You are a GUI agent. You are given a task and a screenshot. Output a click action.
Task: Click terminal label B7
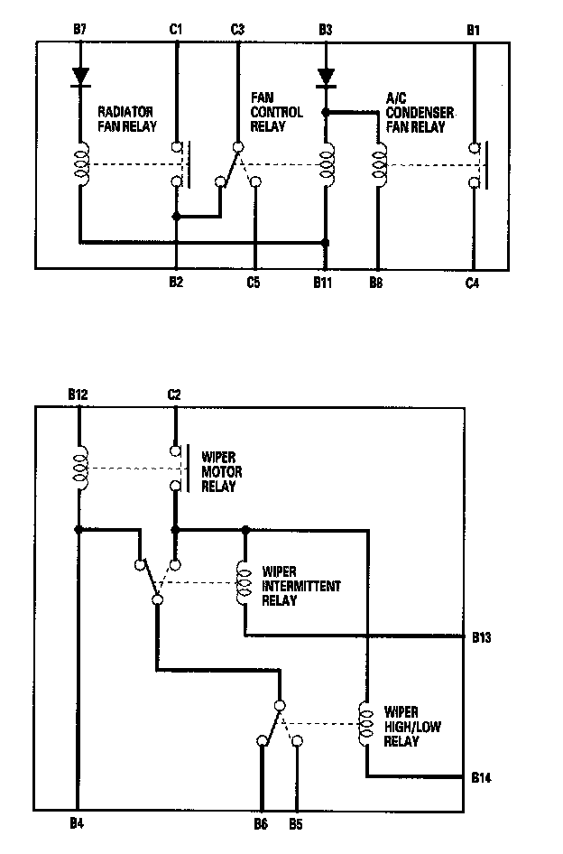click(x=79, y=29)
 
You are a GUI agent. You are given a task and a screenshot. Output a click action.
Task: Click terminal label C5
click(x=254, y=283)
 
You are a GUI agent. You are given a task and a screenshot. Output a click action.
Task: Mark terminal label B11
click(x=325, y=283)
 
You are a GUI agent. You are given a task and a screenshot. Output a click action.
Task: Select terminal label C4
click(x=473, y=283)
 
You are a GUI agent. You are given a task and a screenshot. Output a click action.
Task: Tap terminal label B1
click(x=473, y=29)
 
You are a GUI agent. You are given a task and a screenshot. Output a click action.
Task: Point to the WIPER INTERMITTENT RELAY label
click(x=301, y=586)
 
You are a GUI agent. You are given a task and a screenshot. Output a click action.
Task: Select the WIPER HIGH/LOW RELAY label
click(x=411, y=727)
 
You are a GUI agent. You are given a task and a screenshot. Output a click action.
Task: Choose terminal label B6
click(x=261, y=823)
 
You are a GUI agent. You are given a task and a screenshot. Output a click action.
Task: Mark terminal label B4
click(x=77, y=823)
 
